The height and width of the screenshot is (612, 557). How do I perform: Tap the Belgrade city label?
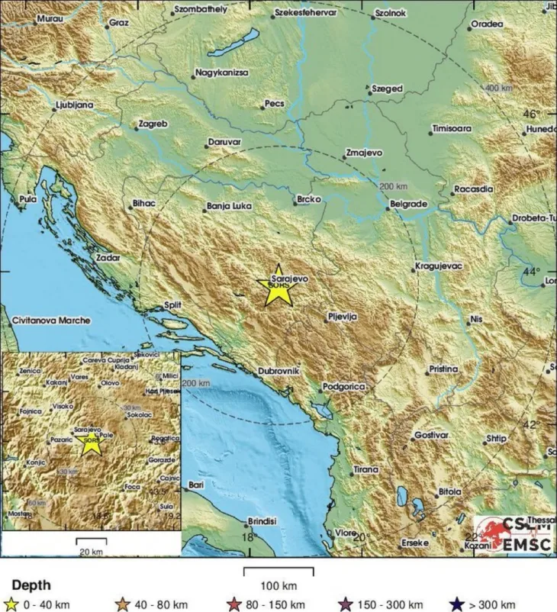pos(408,205)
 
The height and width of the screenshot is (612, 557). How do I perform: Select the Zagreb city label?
pos(153,124)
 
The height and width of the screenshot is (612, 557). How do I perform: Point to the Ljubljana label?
pos(75,105)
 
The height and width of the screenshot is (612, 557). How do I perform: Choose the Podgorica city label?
pos(346,388)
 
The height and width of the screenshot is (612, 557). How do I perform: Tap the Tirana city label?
pos(365,470)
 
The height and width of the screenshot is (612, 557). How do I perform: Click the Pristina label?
pos(443,369)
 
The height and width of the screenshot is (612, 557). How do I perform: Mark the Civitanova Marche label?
pos(51,320)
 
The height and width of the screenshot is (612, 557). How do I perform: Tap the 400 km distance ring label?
pos(499,89)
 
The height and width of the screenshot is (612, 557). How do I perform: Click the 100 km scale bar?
pos(278,569)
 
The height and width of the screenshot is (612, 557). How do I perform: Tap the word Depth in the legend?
pos(31,585)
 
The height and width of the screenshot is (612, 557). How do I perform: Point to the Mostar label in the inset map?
pos(18,514)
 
